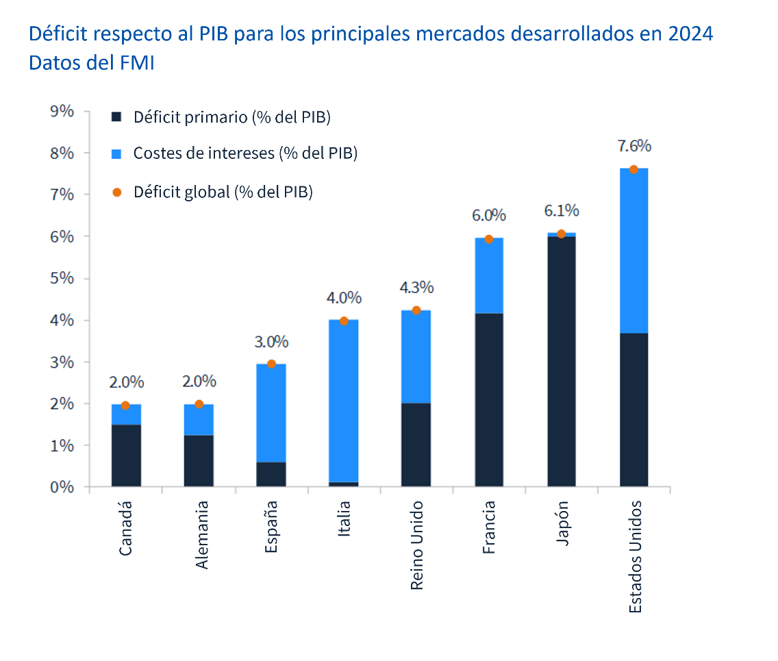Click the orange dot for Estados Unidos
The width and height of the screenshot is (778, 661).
click(x=633, y=169)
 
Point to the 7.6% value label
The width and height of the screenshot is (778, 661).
click(x=633, y=146)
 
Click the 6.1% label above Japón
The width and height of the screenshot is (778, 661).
click(x=561, y=210)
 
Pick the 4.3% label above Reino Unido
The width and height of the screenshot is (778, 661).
click(x=416, y=287)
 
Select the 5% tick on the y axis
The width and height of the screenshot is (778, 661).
click(x=62, y=278)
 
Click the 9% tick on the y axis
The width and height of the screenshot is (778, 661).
click(x=62, y=111)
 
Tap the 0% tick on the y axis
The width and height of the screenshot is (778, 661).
click(x=62, y=487)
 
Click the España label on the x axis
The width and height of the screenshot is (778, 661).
click(x=271, y=526)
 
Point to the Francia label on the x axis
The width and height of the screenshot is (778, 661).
click(x=489, y=527)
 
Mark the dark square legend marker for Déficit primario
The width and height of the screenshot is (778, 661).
click(x=116, y=117)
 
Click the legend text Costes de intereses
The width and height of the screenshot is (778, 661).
click(x=245, y=153)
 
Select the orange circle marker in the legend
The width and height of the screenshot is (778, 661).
click(x=116, y=192)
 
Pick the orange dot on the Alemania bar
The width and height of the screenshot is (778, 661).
click(x=199, y=404)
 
